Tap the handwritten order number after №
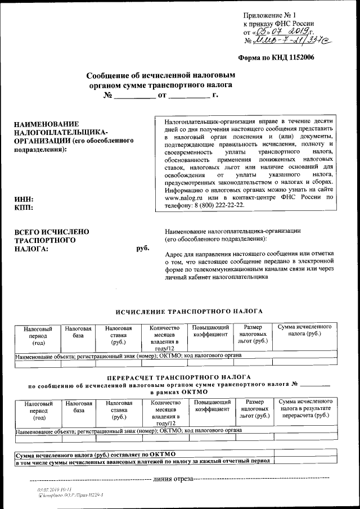pos(286,40)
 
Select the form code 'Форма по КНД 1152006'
pos(276,57)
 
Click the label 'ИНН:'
pos(24,199)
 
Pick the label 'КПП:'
pos(24,208)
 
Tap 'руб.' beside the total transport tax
pos(143,248)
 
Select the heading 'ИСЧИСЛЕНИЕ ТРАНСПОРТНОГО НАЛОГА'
pos(189,311)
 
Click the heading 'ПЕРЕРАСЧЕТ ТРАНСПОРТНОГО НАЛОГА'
pos(179,377)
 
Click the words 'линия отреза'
pos(173,479)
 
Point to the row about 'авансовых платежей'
pos(143,461)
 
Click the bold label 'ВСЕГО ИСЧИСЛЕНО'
pos(52,231)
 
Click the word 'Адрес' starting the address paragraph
pos(174,254)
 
